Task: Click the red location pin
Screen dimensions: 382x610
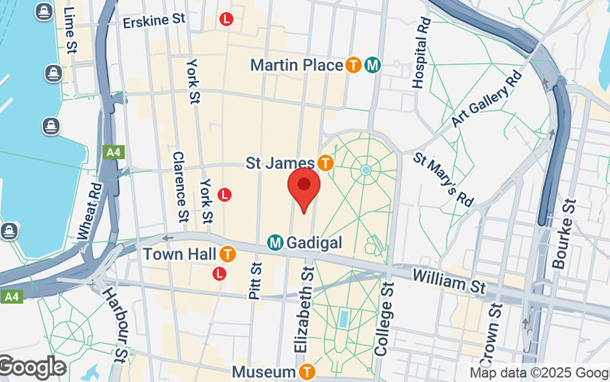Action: (303, 189)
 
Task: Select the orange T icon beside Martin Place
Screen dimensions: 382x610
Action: (352, 66)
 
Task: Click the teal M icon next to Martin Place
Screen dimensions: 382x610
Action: (372, 66)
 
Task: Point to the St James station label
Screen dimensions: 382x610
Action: (280, 163)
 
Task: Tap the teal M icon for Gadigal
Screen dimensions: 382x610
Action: (275, 243)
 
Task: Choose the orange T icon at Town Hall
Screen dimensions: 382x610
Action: (226, 254)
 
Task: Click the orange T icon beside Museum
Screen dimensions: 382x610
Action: (307, 372)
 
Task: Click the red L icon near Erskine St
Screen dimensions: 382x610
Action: (226, 19)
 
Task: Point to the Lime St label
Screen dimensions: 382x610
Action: (70, 31)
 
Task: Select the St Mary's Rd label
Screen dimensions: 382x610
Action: (444, 179)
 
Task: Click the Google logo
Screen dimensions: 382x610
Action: (32, 367)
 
